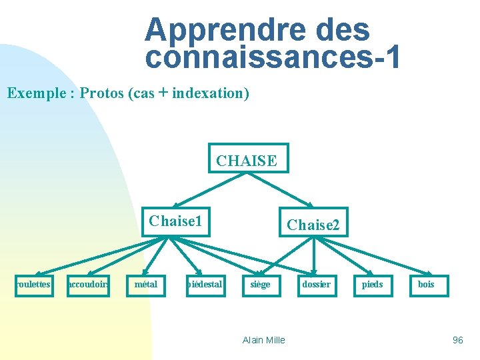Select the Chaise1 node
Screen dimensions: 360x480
click(175, 221)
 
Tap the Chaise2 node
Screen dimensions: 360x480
click(313, 225)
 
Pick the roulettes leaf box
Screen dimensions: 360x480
click(33, 285)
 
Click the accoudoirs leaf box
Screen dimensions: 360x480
click(88, 285)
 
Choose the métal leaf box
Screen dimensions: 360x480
click(147, 285)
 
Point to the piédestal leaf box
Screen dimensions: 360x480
click(204, 285)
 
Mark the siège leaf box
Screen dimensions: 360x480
click(260, 285)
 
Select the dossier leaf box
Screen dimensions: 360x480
click(316, 285)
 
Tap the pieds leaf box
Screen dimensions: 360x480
click(372, 285)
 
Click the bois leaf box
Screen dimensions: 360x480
click(427, 285)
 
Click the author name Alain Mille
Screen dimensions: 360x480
click(264, 340)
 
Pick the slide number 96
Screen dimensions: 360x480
click(457, 340)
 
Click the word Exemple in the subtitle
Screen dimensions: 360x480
click(33, 93)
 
